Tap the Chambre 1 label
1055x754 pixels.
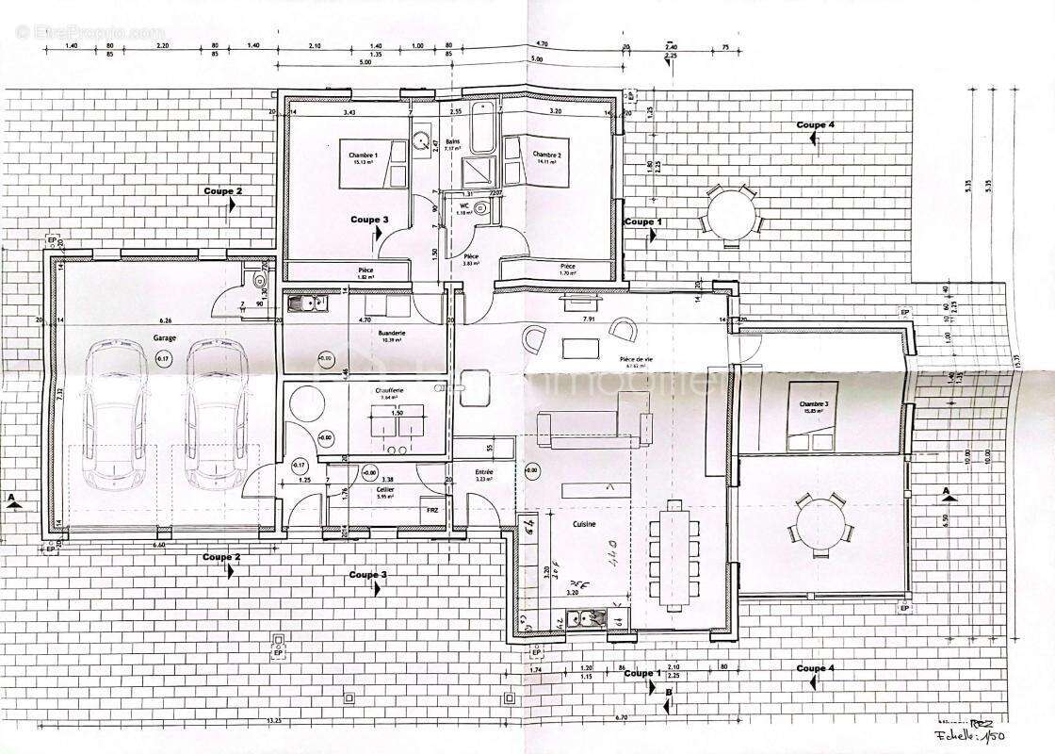[x=363, y=156]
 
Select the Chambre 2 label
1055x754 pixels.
[x=547, y=155]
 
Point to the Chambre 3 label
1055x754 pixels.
[x=815, y=405]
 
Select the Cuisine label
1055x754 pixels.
[x=583, y=521]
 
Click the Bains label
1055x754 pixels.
[x=452, y=140]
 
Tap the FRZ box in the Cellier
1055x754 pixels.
[x=432, y=510]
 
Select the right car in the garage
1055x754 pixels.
[x=217, y=415]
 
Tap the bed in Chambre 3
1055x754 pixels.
[x=810, y=418]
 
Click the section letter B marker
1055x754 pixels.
[x=668, y=694]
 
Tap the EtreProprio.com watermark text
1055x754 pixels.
[x=90, y=32]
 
